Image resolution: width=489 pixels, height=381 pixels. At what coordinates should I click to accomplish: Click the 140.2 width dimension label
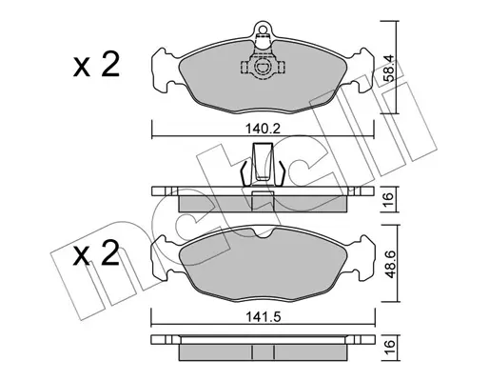coord(263,129)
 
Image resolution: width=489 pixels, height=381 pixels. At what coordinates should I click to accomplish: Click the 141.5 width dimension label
coord(263,316)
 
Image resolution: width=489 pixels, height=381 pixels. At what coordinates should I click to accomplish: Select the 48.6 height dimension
coord(389,264)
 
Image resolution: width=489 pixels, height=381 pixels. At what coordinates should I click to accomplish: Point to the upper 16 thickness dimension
coord(388,199)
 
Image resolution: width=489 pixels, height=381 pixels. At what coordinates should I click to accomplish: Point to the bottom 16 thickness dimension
coord(389,348)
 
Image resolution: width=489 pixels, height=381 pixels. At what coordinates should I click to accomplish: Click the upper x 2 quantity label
coord(96,66)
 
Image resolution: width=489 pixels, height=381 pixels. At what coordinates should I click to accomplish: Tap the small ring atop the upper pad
coord(263,30)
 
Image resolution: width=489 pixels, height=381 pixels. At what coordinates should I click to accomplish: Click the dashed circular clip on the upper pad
coord(263,67)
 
